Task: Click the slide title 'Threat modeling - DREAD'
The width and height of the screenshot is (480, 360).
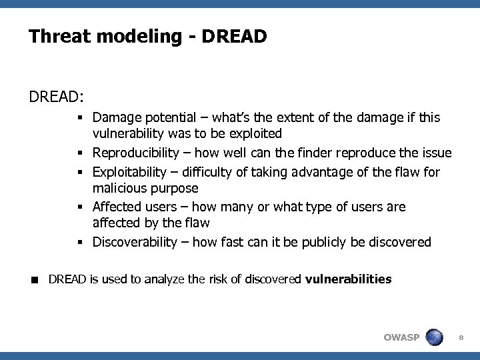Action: tap(147, 36)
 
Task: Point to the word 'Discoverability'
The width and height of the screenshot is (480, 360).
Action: tap(136, 241)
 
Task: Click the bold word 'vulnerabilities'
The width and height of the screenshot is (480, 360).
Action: tap(348, 279)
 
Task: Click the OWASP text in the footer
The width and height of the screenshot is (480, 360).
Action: tap(401, 337)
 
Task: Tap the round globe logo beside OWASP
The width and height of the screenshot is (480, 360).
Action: tap(435, 336)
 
